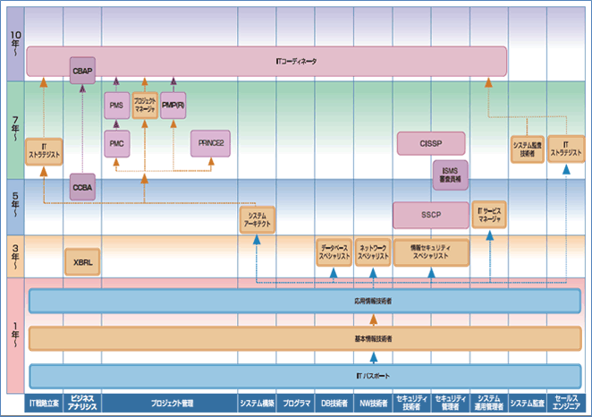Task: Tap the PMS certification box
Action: pyautogui.click(x=117, y=106)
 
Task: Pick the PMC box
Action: pyautogui.click(x=117, y=143)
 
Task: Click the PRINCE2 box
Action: pyautogui.click(x=210, y=143)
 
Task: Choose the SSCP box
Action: pyautogui.click(x=431, y=216)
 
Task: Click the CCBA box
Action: pyautogui.click(x=82, y=188)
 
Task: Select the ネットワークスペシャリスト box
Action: pyautogui.click(x=373, y=251)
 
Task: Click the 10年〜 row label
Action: pyautogui.click(x=14, y=45)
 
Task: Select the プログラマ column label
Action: pyautogui.click(x=296, y=403)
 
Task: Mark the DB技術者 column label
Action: pyautogui.click(x=334, y=403)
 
